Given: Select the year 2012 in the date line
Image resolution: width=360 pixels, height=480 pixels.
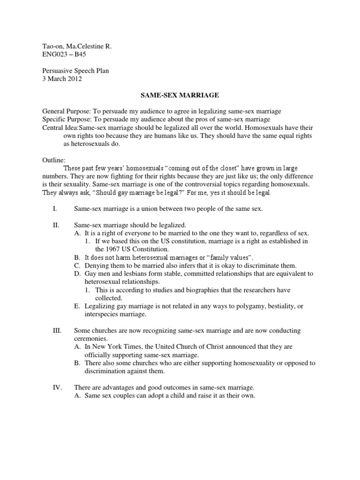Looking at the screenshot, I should [74, 79].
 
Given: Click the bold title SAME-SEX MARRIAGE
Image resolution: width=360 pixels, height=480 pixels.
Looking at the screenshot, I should [180, 95].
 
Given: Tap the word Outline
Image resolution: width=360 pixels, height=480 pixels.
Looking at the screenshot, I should [54, 160].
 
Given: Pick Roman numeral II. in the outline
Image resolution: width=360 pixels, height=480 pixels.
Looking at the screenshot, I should [55, 225].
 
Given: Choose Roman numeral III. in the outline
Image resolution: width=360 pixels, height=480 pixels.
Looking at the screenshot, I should [56, 330].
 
